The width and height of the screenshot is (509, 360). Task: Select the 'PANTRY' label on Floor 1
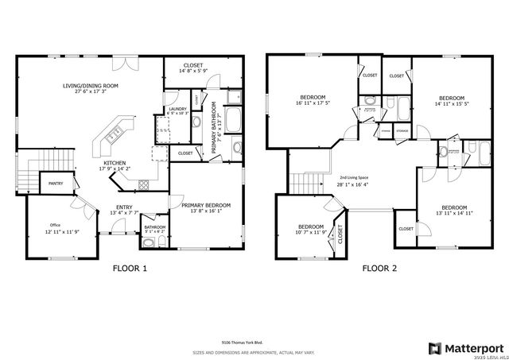[x=55, y=183]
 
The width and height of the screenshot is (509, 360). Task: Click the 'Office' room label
[x=55, y=224]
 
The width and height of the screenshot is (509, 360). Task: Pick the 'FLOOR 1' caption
[x=128, y=269]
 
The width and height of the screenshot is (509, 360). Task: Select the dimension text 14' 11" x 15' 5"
[x=452, y=103]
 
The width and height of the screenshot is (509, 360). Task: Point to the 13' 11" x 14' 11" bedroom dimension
[x=454, y=212]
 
